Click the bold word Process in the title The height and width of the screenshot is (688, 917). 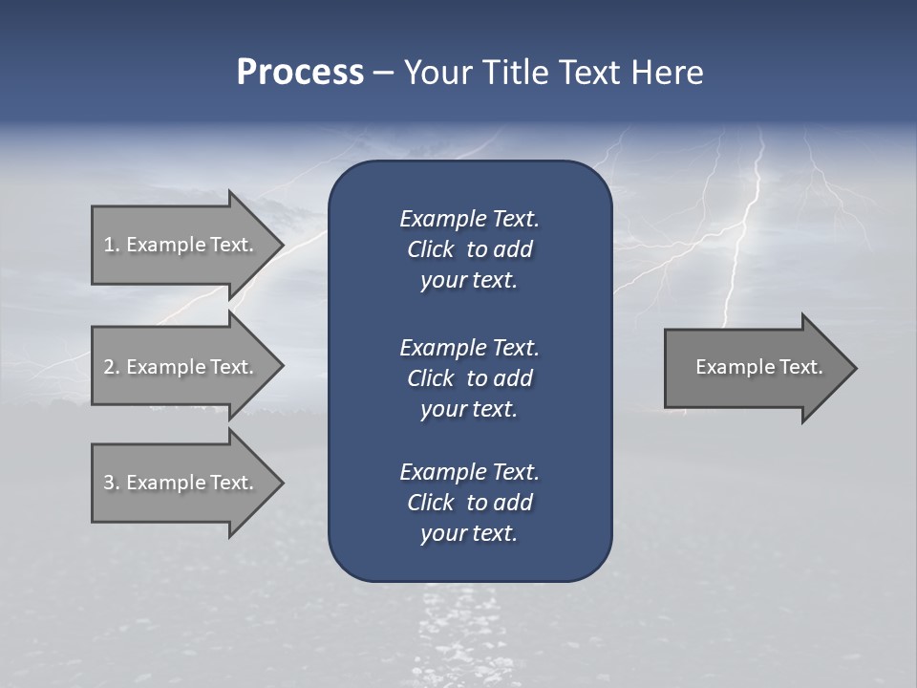coord(300,73)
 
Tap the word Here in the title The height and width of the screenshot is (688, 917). coord(667,73)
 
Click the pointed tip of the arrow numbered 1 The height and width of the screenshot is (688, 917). coord(281,245)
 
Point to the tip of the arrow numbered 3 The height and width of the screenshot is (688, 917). coord(281,483)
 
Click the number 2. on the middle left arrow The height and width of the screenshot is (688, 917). coord(111,367)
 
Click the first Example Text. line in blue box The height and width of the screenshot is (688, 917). coord(469,219)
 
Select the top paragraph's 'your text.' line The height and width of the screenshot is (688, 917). coord(469,280)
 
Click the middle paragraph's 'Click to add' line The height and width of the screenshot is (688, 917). coord(469,378)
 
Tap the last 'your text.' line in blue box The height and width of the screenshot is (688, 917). coord(469,533)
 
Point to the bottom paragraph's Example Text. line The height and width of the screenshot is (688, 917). coord(469,472)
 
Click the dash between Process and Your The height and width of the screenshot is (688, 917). coord(383,73)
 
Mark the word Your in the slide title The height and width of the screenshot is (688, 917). coord(438,73)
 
